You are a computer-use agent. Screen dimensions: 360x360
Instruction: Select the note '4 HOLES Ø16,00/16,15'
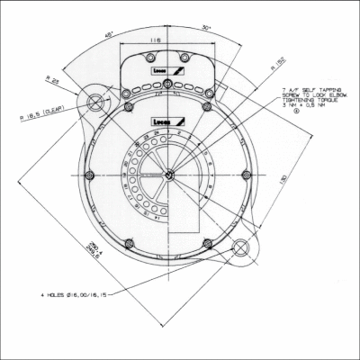(x=73, y=294)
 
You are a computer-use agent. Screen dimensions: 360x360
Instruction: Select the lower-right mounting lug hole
(x=242, y=247)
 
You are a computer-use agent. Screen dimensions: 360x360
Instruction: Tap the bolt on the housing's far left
(x=93, y=174)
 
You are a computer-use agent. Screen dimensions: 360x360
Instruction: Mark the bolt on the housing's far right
(x=245, y=174)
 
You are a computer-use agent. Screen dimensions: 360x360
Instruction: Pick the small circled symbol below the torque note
(x=296, y=122)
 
